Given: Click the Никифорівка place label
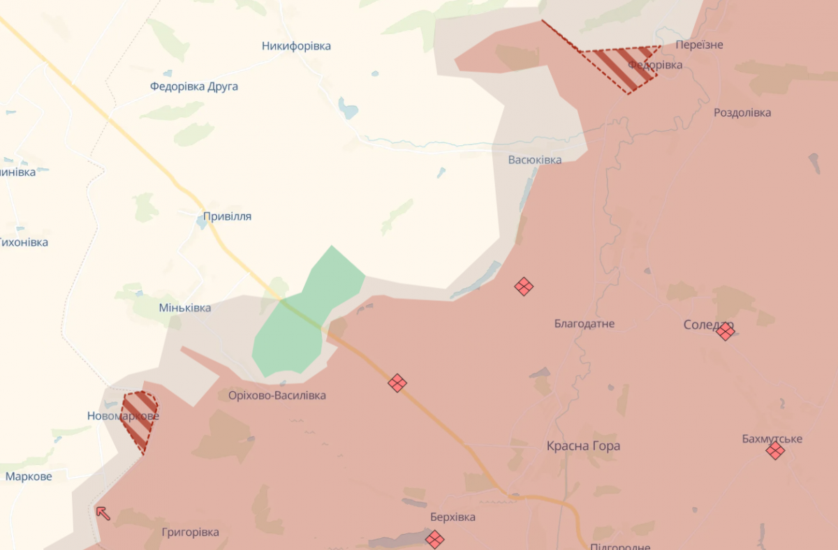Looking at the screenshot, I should pos(296,46).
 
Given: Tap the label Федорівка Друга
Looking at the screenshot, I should pos(193,87).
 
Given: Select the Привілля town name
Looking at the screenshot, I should pos(227,216).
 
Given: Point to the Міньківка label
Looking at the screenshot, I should pos(184,308).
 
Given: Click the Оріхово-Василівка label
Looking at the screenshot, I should pos(277,396).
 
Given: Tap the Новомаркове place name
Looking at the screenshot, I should pos(123,416).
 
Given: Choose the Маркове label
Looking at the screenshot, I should pos(29,477).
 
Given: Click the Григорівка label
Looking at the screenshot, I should pos(190,532).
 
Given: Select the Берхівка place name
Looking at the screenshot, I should pos(453,517).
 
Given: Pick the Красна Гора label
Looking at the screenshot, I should pos(583,446).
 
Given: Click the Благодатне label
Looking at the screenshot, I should pos(584,324).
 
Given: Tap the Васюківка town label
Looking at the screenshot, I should pos(534,160).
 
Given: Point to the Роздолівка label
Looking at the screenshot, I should pos(742,112).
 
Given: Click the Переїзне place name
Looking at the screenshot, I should pos(699,45).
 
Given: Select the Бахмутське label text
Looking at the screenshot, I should pos(772,439).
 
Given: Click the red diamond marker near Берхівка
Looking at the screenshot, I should pos(434,539).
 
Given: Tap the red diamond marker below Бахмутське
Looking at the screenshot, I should pos(774,451).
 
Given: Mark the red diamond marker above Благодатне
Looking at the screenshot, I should pos(524,286).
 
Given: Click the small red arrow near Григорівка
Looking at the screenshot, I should pos(103,513).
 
